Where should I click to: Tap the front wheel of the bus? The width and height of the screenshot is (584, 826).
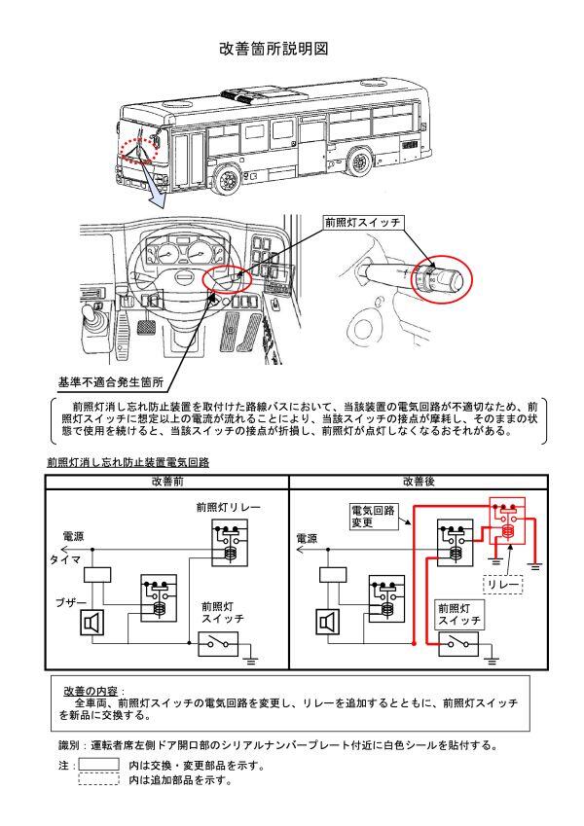point(230,178)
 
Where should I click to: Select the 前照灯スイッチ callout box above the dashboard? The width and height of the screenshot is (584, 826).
point(363,223)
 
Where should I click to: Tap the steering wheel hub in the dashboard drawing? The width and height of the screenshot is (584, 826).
point(182,276)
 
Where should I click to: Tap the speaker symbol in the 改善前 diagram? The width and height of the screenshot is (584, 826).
point(92,622)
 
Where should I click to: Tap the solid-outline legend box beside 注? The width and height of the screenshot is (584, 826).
point(98,765)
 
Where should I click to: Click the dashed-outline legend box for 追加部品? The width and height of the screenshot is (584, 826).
point(98,779)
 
